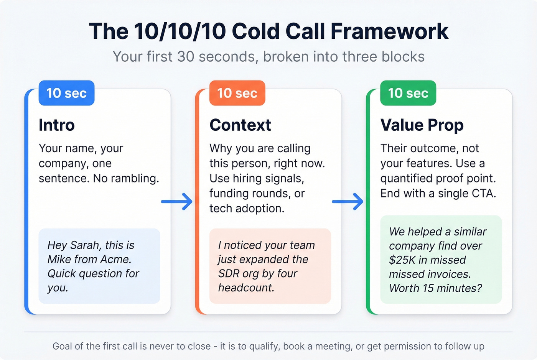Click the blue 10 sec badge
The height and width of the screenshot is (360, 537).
66,93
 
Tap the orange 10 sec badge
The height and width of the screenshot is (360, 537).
237,93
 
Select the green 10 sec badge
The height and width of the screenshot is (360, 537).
408,93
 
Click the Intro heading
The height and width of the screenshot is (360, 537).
57,125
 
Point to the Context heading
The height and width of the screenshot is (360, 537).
240,125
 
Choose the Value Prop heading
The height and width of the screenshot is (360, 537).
422,125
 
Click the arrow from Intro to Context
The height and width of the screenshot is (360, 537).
177,201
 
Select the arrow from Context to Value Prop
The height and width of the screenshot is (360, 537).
348,201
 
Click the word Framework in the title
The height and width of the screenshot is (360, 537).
389,31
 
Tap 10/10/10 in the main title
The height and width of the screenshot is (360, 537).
180,31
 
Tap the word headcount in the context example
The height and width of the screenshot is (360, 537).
246,288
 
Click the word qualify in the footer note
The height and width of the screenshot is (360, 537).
265,346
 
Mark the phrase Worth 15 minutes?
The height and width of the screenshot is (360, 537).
435,288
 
